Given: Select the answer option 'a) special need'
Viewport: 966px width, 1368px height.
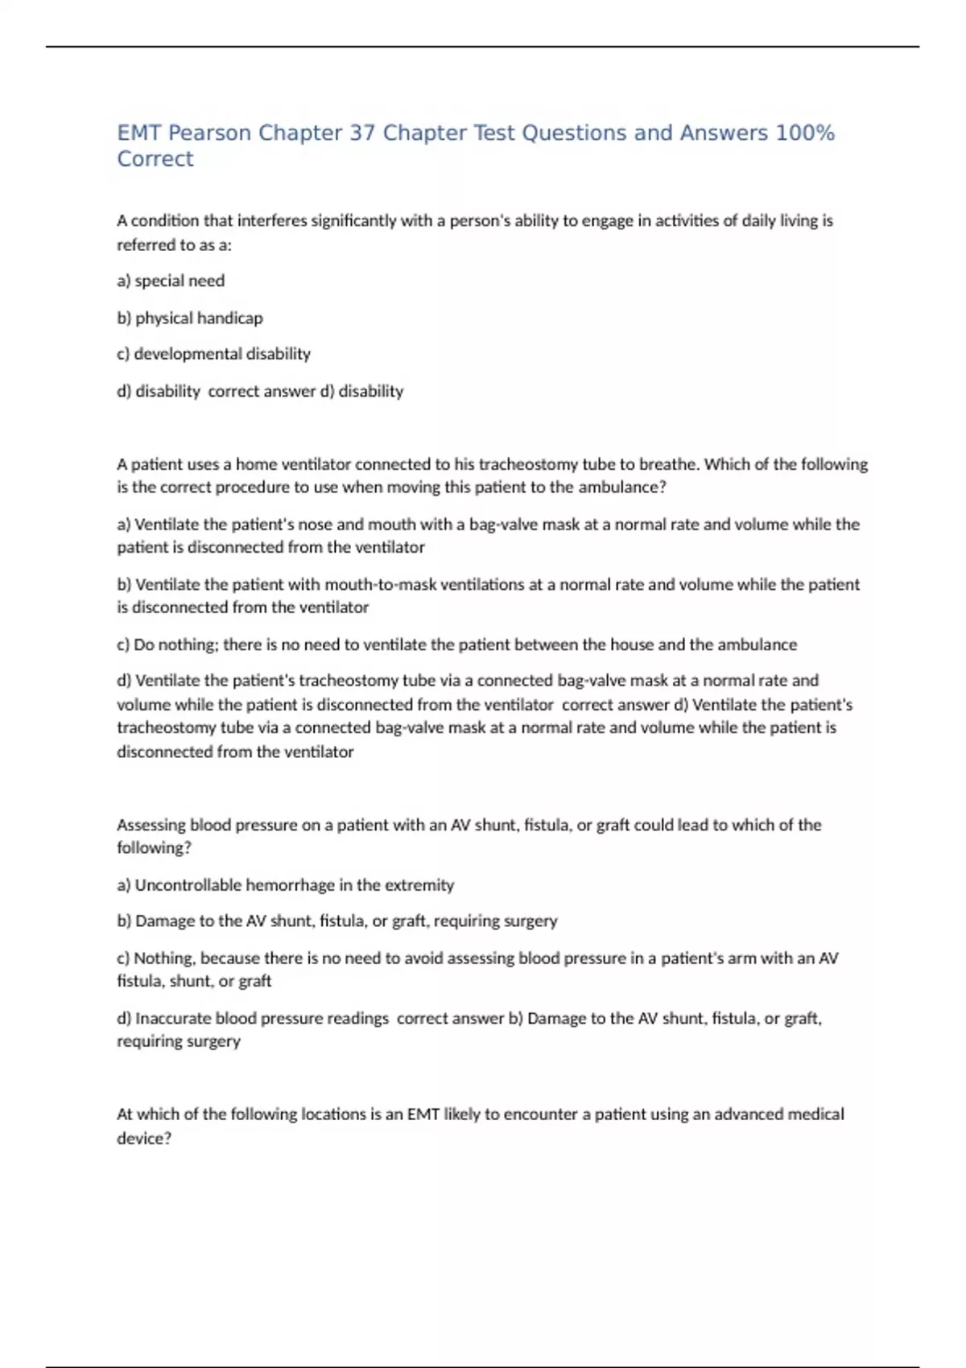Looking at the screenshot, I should (171, 281).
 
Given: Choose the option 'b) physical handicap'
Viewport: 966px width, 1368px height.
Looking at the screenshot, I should (190, 318).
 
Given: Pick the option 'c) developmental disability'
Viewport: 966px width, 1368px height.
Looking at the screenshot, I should (214, 354).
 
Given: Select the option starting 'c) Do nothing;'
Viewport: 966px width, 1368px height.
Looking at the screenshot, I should (456, 645).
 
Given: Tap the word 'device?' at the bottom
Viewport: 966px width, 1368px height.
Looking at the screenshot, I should (144, 1139).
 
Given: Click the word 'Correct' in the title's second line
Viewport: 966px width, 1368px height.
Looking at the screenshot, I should (155, 159).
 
